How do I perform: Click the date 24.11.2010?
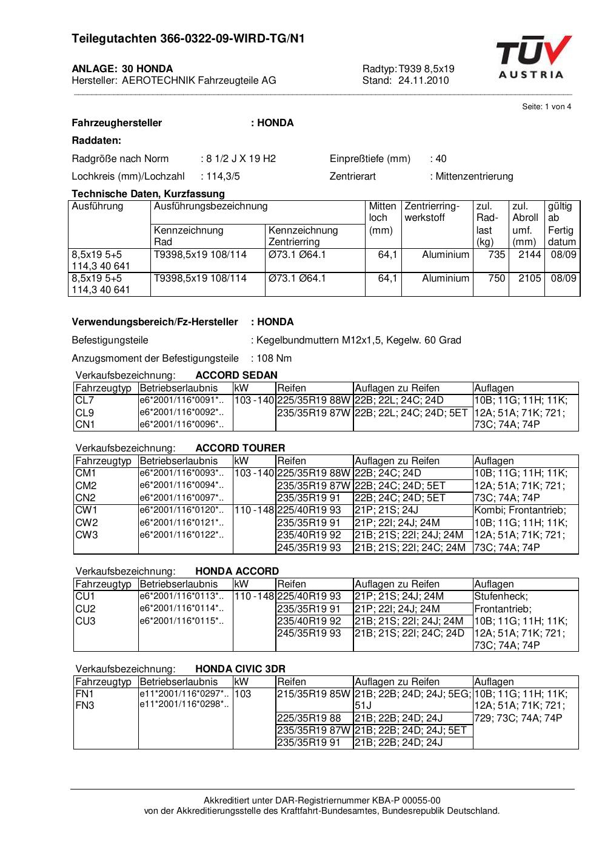[423, 81]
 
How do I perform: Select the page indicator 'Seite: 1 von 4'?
[546, 107]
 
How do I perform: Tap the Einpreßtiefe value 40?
[441, 159]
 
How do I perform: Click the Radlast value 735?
[497, 255]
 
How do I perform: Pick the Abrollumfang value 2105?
[529, 279]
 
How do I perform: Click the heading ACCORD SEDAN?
[236, 375]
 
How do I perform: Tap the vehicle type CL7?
[85, 401]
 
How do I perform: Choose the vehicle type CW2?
[86, 522]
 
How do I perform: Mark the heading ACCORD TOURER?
[240, 448]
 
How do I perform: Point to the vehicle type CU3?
[85, 621]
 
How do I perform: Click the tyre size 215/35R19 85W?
[313, 694]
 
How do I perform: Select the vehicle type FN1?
[84, 694]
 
